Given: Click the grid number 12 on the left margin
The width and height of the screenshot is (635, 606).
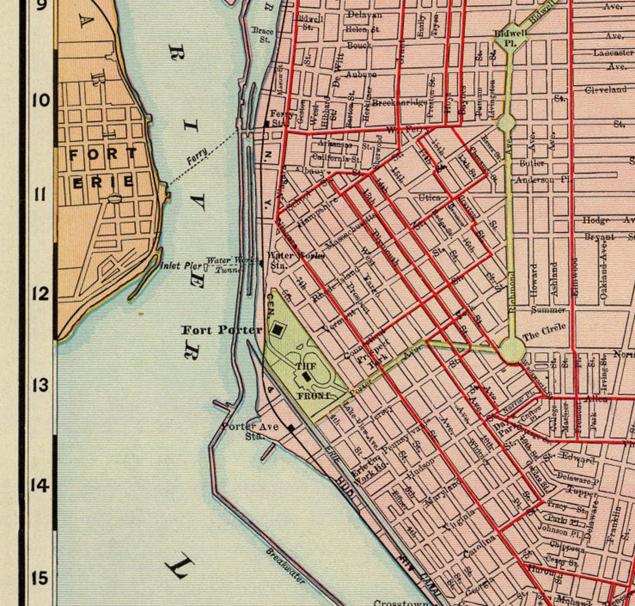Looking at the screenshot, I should pyautogui.click(x=40, y=294).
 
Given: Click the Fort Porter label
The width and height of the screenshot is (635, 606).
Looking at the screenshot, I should pyautogui.click(x=222, y=330).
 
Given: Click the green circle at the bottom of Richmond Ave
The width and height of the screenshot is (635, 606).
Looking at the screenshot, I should pyautogui.click(x=511, y=350).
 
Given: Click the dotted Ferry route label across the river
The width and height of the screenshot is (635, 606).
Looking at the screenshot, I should pyautogui.click(x=198, y=156).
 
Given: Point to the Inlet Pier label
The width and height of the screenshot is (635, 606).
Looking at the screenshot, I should pyautogui.click(x=181, y=266).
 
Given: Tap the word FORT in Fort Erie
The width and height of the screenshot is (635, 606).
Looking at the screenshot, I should pyautogui.click(x=103, y=154).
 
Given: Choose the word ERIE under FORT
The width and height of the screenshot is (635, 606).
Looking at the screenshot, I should pyautogui.click(x=103, y=182).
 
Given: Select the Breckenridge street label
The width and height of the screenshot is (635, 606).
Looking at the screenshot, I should pyautogui.click(x=399, y=103).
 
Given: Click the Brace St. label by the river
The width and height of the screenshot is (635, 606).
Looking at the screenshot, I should pyautogui.click(x=263, y=35).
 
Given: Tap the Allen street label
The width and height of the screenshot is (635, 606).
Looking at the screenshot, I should pyautogui.click(x=596, y=399).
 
